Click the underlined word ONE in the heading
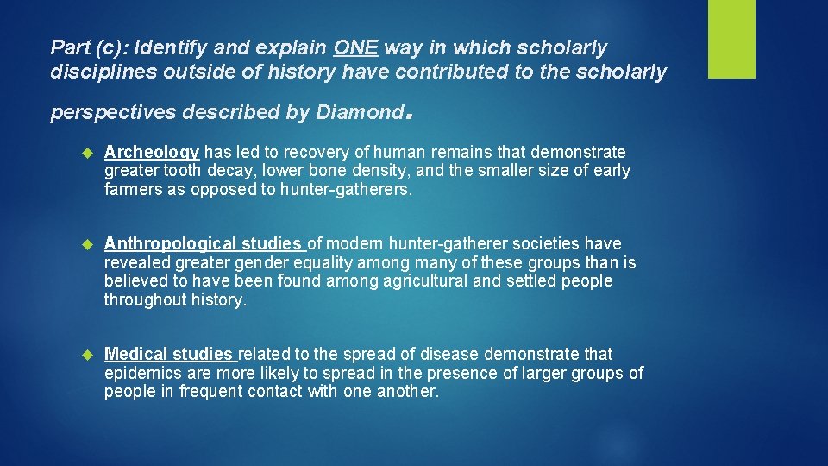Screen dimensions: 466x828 355,47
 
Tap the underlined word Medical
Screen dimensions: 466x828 136,355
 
